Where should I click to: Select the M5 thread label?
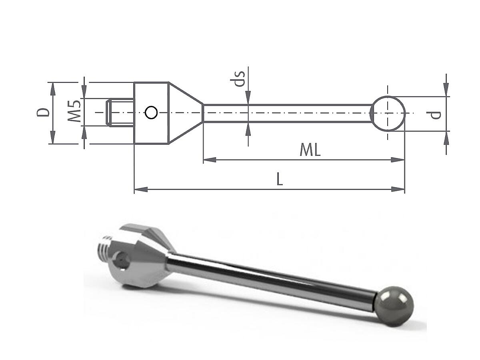pos(74,111)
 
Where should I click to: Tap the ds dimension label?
pos(238,79)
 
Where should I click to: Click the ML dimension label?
pos(310,150)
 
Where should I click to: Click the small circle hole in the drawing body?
pos(151,112)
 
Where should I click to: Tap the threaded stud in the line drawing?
pos(120,113)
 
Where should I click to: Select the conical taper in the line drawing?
pos(186,113)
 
